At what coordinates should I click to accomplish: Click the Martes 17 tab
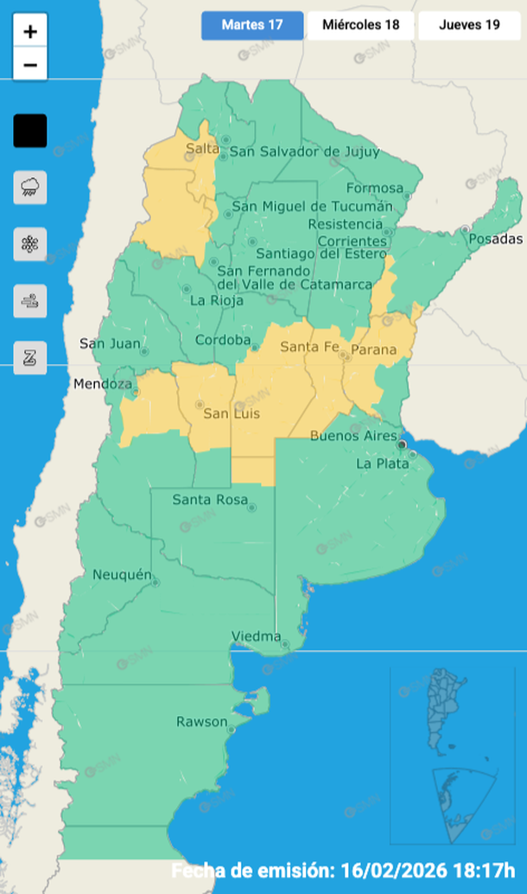pos(252,25)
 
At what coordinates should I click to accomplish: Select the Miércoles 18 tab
pos(360,25)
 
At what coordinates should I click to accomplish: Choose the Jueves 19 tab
pos(469,25)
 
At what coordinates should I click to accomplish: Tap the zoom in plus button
pos(30,32)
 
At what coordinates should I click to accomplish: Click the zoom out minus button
pos(30,65)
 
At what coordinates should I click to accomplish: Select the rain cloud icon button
pos(30,187)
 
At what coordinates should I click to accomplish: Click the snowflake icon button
pos(30,244)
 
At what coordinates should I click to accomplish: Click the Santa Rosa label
pos(210,500)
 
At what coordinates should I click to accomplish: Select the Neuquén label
pos(123,575)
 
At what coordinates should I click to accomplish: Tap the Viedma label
pos(257,637)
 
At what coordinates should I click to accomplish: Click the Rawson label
pos(202,721)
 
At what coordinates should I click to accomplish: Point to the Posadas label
pos(497,239)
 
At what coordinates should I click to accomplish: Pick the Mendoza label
pos(103,384)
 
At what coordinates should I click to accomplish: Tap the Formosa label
pos(375,188)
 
